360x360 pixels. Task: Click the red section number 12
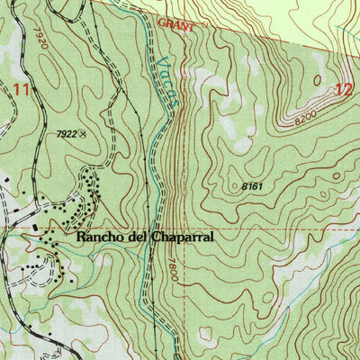(342, 88)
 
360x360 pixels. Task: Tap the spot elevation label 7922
(64, 133)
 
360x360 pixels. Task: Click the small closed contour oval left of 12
(317, 79)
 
